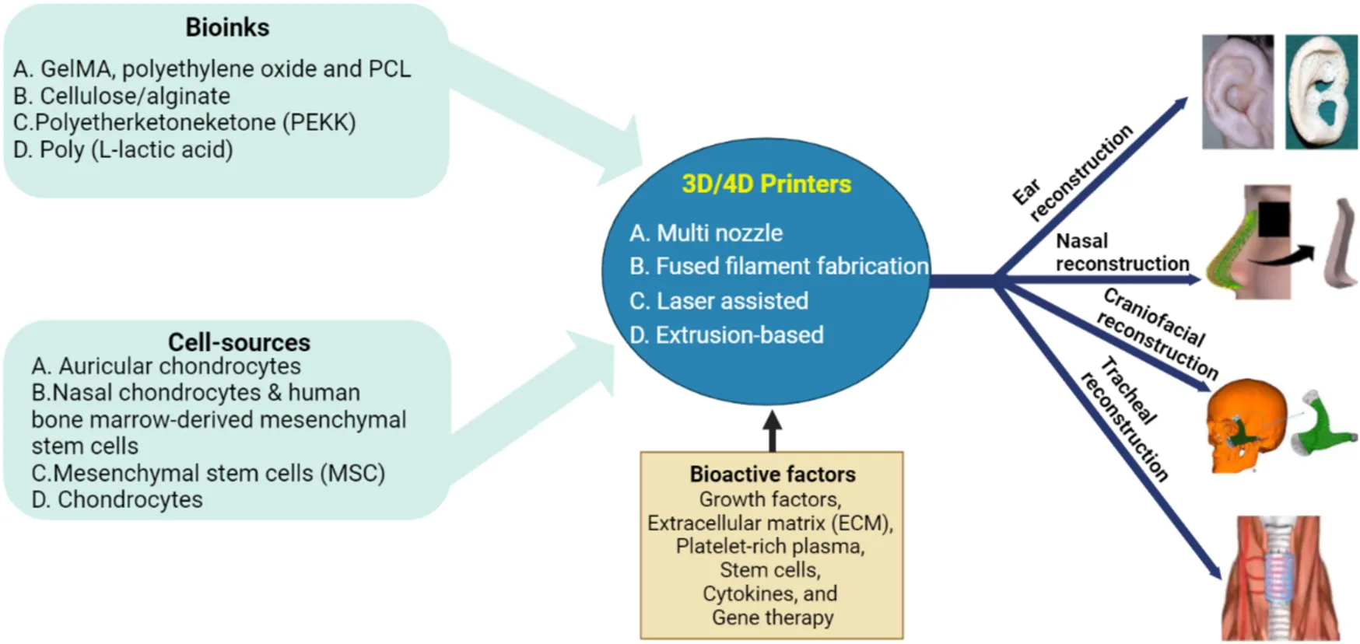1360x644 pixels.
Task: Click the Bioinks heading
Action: point(227,28)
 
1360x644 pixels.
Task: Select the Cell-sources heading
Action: point(239,342)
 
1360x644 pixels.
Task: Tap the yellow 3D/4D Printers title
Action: point(766,184)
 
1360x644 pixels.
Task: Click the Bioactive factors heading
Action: point(772,474)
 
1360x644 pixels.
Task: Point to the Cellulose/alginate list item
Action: point(122,96)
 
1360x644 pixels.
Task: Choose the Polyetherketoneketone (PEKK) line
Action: point(184,123)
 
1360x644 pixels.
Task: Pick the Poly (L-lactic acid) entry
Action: point(123,149)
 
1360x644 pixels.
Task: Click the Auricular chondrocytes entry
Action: point(166,366)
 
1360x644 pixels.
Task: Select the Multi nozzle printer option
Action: point(706,233)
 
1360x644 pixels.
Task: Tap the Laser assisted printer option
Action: point(720,301)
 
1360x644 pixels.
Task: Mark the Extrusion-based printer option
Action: point(727,335)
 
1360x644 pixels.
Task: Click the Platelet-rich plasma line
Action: point(770,547)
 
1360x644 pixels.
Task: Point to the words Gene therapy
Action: point(773,618)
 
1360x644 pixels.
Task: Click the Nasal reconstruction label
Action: point(1121,253)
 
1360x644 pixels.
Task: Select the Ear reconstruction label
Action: point(1074,173)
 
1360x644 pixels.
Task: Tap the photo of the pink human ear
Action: point(1237,92)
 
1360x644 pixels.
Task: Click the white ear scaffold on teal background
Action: point(1321,92)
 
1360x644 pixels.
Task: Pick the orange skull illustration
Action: point(1243,424)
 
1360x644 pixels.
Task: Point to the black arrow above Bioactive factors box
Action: point(772,430)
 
